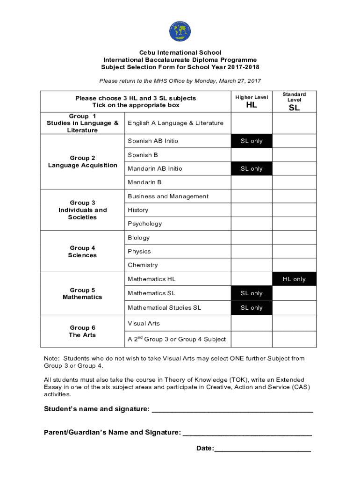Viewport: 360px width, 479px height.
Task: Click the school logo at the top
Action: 180,31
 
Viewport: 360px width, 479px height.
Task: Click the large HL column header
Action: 252,105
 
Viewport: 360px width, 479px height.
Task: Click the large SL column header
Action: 294,108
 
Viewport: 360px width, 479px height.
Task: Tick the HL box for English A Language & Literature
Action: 252,123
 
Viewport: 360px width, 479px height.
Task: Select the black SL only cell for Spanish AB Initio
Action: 252,141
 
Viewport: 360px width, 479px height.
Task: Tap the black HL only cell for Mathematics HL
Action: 294,279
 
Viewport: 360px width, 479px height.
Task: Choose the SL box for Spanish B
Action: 294,155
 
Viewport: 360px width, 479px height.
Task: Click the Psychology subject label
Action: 145,224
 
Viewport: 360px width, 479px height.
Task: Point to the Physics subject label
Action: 139,251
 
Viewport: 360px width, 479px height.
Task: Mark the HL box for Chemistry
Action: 252,265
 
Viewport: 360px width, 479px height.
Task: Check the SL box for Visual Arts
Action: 294,323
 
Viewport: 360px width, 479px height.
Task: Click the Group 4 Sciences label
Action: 82,252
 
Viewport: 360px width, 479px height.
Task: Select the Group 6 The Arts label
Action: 82,331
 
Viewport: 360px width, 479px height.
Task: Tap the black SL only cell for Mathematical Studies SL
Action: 252,308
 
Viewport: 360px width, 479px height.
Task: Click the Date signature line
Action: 262,449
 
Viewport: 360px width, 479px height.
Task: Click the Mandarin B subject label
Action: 144,182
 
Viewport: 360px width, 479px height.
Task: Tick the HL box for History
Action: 252,210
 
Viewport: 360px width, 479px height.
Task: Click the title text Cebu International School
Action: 180,52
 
